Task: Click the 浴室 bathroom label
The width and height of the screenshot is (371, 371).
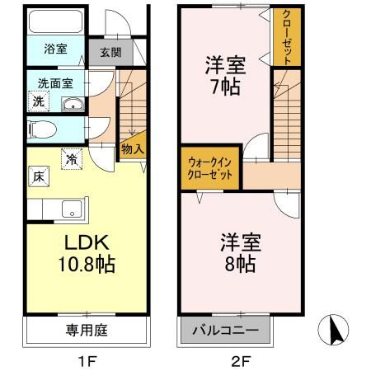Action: click(x=56, y=49)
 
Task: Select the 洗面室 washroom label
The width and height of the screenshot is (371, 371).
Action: click(x=56, y=83)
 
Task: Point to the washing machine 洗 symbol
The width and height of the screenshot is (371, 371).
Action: click(x=38, y=101)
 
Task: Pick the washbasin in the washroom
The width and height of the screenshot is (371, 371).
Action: click(x=73, y=104)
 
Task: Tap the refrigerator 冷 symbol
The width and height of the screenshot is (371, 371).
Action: click(x=73, y=158)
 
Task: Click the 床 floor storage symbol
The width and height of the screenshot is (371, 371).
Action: click(x=38, y=176)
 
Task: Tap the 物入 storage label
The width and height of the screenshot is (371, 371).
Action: click(x=132, y=149)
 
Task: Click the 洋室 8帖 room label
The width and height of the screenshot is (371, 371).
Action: click(x=239, y=252)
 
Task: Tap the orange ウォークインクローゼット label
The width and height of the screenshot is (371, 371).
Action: click(x=211, y=170)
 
